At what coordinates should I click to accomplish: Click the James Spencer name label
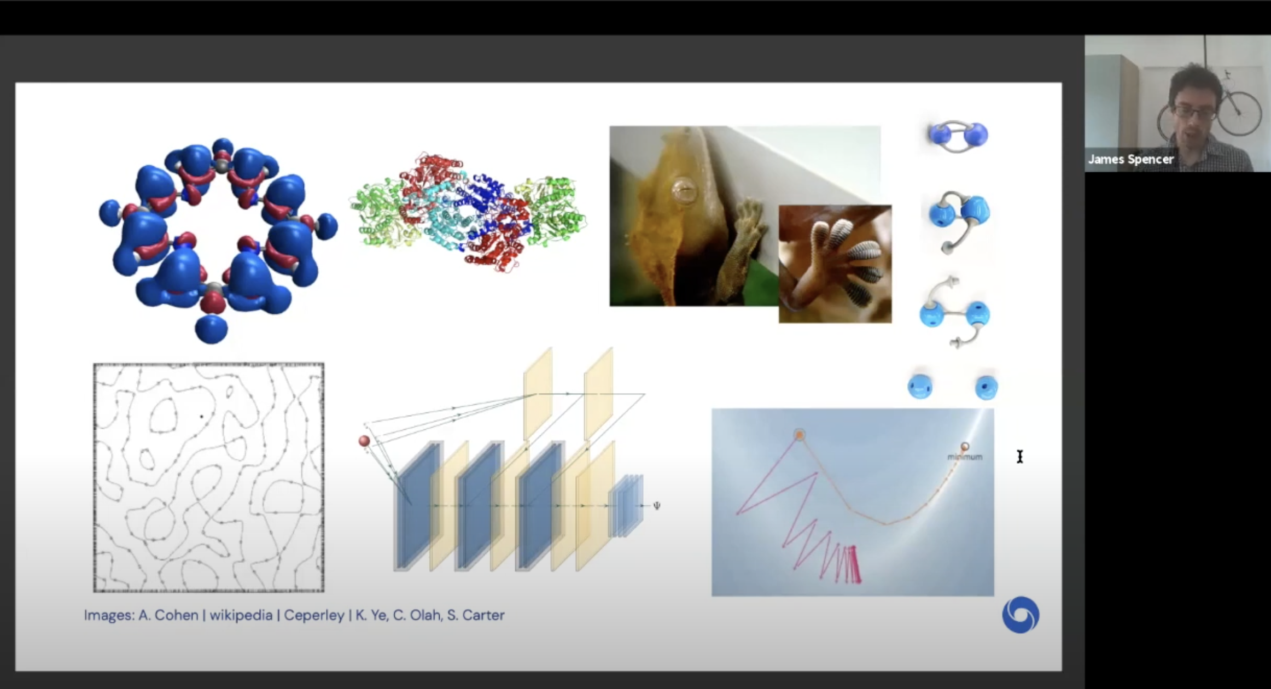[1130, 159]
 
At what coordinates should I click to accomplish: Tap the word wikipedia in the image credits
[241, 615]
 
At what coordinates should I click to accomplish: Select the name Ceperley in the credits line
[314, 616]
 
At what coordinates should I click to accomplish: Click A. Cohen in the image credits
[168, 615]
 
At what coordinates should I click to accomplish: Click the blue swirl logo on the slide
[1021, 615]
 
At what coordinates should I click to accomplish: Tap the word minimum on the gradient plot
[965, 457]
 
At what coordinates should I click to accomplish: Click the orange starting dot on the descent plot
[799, 435]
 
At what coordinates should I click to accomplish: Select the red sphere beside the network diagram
[364, 441]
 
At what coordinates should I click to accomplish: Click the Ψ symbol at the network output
[657, 506]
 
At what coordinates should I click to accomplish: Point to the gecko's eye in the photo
[683, 189]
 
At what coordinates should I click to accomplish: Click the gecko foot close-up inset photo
[835, 264]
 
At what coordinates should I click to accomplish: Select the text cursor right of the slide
[1020, 457]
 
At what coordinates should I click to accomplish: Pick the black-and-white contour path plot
[209, 477]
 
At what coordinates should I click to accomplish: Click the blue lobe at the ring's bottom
[211, 329]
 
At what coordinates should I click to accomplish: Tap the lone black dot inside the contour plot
[202, 417]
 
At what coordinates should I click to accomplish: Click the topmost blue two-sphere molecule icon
[958, 136]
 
